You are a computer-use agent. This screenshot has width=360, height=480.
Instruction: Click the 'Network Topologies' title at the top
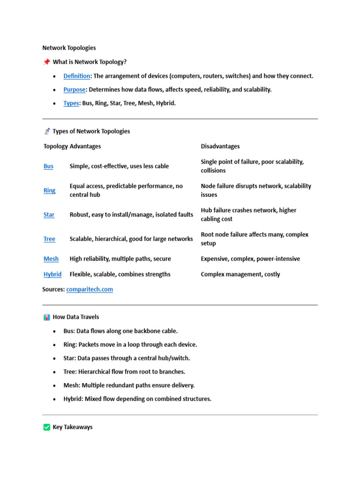click(69, 48)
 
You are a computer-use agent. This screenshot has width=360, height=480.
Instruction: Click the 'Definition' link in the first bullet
click(77, 76)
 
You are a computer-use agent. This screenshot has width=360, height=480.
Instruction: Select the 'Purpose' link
click(75, 90)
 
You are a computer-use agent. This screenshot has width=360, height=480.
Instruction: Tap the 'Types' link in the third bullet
click(71, 103)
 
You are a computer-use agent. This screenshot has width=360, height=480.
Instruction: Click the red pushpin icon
click(46, 62)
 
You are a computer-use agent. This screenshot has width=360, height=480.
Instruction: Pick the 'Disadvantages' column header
click(220, 146)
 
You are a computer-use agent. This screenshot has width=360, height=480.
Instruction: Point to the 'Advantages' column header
click(85, 146)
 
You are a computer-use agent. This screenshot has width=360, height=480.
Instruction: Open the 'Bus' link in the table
click(48, 166)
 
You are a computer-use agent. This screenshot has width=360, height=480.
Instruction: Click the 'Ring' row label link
click(49, 190)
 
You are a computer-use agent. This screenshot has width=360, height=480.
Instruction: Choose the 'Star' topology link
click(49, 215)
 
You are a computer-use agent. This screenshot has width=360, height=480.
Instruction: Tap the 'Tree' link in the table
click(49, 239)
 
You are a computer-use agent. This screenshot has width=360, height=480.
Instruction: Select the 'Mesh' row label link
click(51, 259)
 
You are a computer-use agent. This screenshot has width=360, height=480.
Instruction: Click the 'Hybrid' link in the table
click(52, 274)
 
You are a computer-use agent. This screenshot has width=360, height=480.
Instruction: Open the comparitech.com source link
click(90, 289)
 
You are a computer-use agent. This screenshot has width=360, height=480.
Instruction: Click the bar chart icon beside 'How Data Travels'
click(46, 317)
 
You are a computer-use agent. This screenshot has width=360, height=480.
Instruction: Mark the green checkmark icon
click(46, 427)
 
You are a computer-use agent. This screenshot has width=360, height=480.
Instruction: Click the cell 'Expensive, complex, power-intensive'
click(250, 259)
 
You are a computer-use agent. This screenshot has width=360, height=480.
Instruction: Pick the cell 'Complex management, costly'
click(240, 274)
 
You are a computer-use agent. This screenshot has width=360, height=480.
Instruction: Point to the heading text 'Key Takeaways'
click(73, 427)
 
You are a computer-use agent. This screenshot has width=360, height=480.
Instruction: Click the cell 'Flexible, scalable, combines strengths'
click(120, 274)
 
